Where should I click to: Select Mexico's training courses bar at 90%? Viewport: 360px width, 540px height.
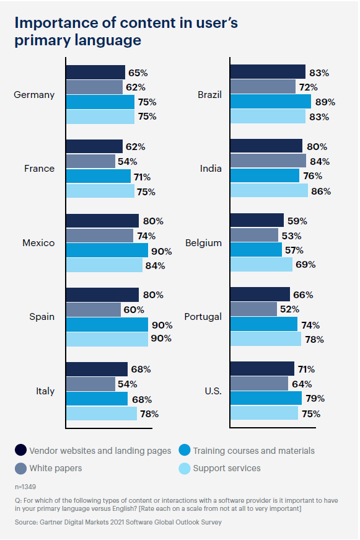pyautogui.click(x=107, y=250)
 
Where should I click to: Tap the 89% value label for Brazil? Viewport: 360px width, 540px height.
pyautogui.click(x=325, y=102)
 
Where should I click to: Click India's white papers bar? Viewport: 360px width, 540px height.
pyautogui.click(x=268, y=161)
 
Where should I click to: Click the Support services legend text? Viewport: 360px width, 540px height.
pyautogui.click(x=227, y=468)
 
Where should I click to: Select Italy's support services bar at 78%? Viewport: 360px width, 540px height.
pyautogui.click(x=101, y=413)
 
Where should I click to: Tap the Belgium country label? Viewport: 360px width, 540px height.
pyautogui.click(x=203, y=243)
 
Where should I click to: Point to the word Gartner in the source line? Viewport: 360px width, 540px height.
pyautogui.click(x=56, y=522)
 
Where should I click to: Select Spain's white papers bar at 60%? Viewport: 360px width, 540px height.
pyautogui.click(x=93, y=309)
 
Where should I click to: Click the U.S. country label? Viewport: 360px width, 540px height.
pyautogui.click(x=211, y=391)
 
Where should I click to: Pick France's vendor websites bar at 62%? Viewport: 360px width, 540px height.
pyautogui.click(x=94, y=147)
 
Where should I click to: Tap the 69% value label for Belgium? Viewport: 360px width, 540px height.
pyautogui.click(x=305, y=265)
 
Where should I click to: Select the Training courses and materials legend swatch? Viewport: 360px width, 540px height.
pyautogui.click(x=184, y=451)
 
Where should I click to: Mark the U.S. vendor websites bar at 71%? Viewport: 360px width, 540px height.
pyautogui.click(x=261, y=368)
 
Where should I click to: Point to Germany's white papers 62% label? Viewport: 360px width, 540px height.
pyautogui.click(x=135, y=87)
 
